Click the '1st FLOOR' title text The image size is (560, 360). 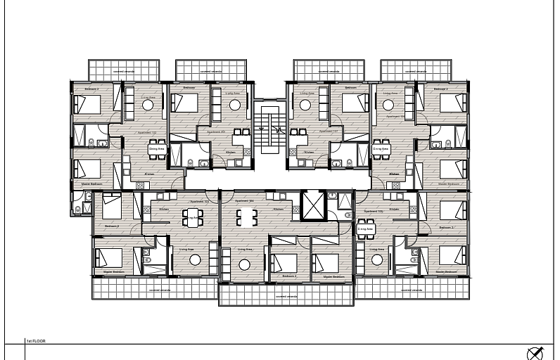pyautogui.click(x=34, y=340)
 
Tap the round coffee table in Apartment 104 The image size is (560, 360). pyautogui.click(x=244, y=264)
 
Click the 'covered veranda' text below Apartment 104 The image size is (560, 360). pyautogui.click(x=286, y=297)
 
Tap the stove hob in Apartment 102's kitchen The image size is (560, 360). pyautogui.click(x=140, y=185)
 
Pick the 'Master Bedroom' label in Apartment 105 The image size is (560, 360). pyautogui.click(x=446, y=271)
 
